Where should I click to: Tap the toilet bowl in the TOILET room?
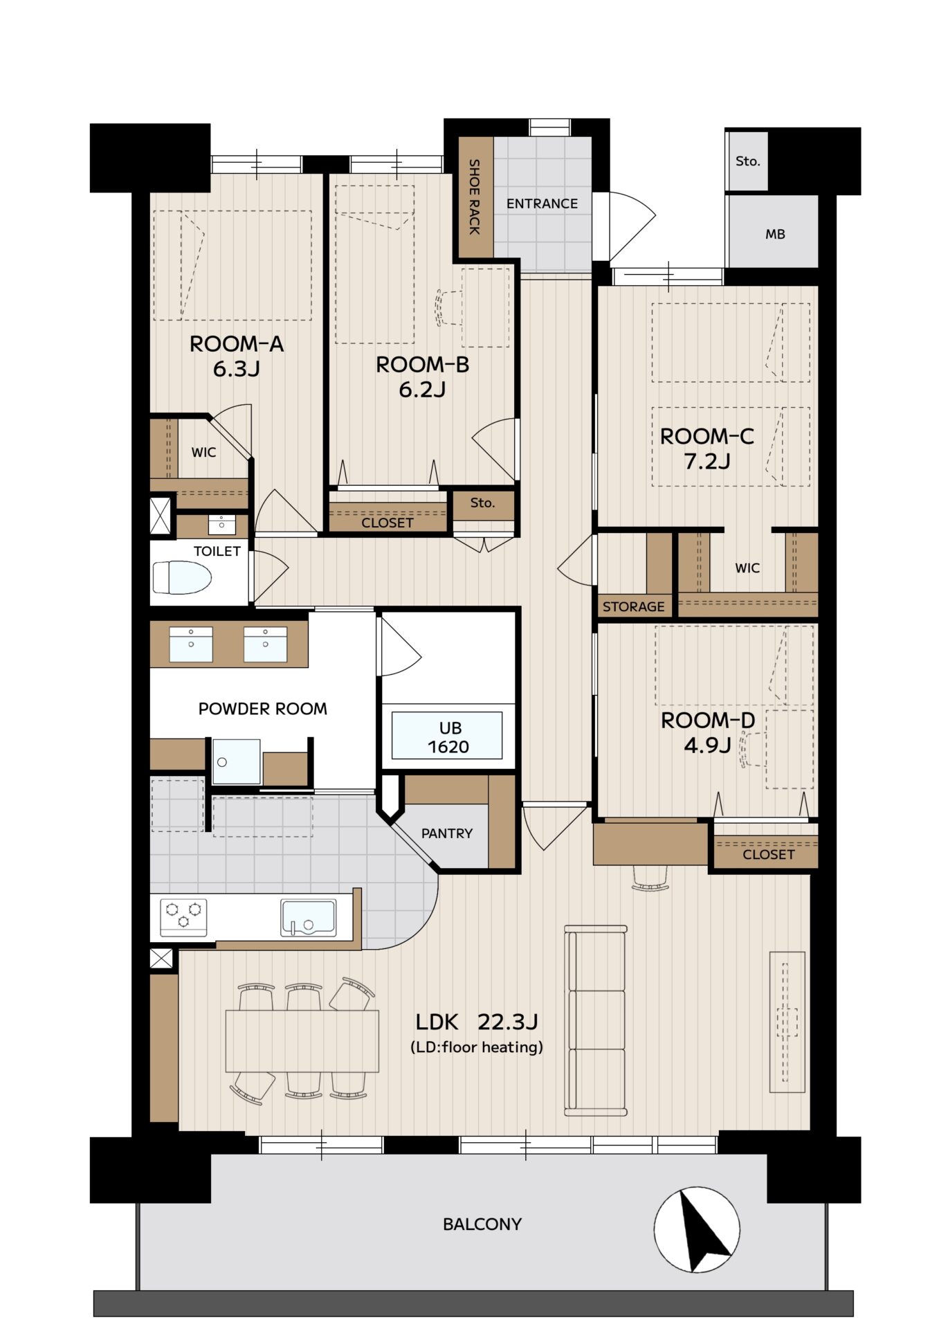(x=182, y=577)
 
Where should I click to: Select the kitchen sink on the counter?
(x=308, y=918)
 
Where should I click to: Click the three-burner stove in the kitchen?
(x=183, y=917)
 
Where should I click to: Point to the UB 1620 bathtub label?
(x=448, y=737)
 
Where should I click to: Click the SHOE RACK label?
(x=475, y=197)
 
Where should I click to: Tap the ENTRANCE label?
(x=542, y=204)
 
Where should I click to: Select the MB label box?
(x=775, y=234)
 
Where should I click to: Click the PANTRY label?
(x=447, y=833)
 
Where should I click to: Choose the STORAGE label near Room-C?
(x=633, y=607)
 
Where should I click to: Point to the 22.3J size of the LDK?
(x=508, y=1022)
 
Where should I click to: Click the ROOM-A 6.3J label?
(x=237, y=356)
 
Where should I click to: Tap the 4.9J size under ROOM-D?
(x=707, y=745)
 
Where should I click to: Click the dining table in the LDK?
(x=302, y=1041)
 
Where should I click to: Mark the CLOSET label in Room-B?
(x=387, y=523)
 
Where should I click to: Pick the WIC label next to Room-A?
(x=203, y=453)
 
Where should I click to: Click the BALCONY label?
(x=482, y=1224)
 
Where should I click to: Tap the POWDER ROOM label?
(x=263, y=709)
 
